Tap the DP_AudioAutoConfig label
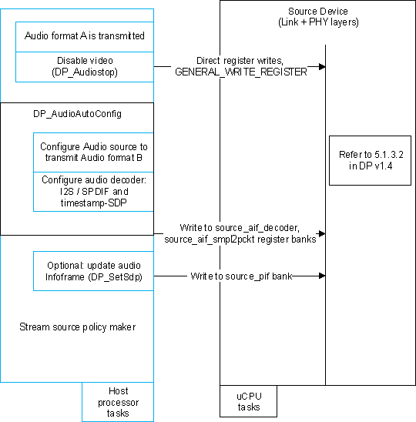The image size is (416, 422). pyautogui.click(x=77, y=113)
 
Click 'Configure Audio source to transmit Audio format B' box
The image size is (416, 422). pyautogui.click(x=94, y=152)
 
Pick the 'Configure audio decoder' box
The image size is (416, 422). pyautogui.click(x=94, y=190)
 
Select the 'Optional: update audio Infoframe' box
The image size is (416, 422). pyautogui.click(x=94, y=270)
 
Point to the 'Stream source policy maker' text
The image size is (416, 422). pyautogui.click(x=77, y=327)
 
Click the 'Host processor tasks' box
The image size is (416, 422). pyautogui.click(x=118, y=402)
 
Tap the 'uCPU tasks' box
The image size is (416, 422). pyautogui.click(x=249, y=401)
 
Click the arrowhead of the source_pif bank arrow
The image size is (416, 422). pyautogui.click(x=321, y=275)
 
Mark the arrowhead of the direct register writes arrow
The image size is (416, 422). pyautogui.click(x=321, y=66)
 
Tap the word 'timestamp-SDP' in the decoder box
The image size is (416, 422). pyautogui.click(x=94, y=202)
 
